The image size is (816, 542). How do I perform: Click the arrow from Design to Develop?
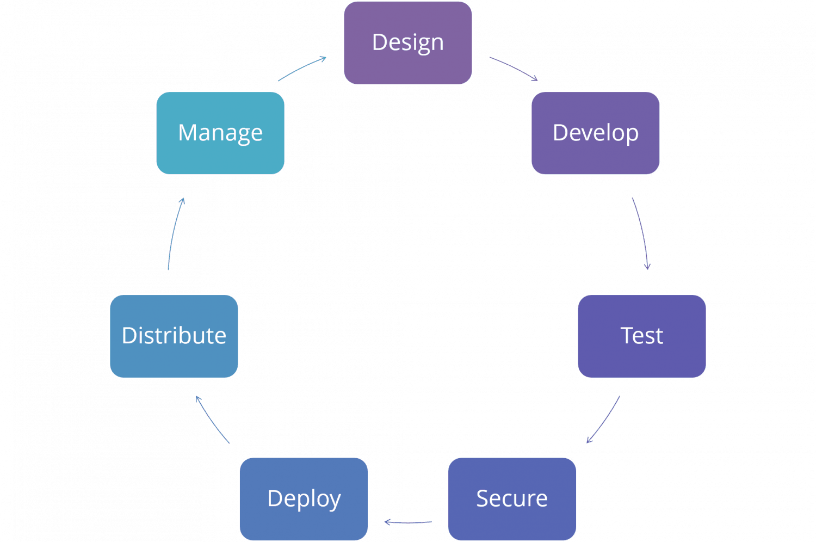(513, 68)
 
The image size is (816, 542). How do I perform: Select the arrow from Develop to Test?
(642, 234)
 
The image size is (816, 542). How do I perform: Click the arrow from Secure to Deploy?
(408, 522)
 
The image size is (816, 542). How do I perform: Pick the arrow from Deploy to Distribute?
(212, 419)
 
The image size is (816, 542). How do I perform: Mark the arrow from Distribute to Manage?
(174, 234)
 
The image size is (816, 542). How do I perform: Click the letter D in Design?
(379, 42)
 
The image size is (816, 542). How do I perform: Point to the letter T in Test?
(627, 336)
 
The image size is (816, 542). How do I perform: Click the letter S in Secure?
(482, 498)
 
